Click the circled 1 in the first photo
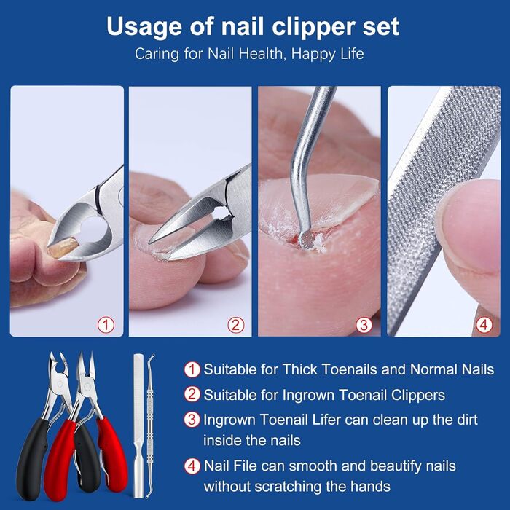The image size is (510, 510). click(x=106, y=325)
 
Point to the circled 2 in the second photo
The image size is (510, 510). click(x=236, y=325)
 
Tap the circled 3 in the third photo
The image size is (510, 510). click(x=364, y=325)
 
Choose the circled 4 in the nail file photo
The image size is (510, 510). click(x=484, y=325)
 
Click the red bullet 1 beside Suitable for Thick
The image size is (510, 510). click(x=192, y=370)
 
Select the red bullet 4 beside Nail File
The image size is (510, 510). click(x=192, y=466)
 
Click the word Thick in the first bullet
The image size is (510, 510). click(x=299, y=369)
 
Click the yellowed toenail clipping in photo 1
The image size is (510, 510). click(x=63, y=248)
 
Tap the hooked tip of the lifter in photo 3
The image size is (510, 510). click(x=306, y=240)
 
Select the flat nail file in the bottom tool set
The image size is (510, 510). click(x=138, y=426)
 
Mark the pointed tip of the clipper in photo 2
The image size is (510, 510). click(x=150, y=243)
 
